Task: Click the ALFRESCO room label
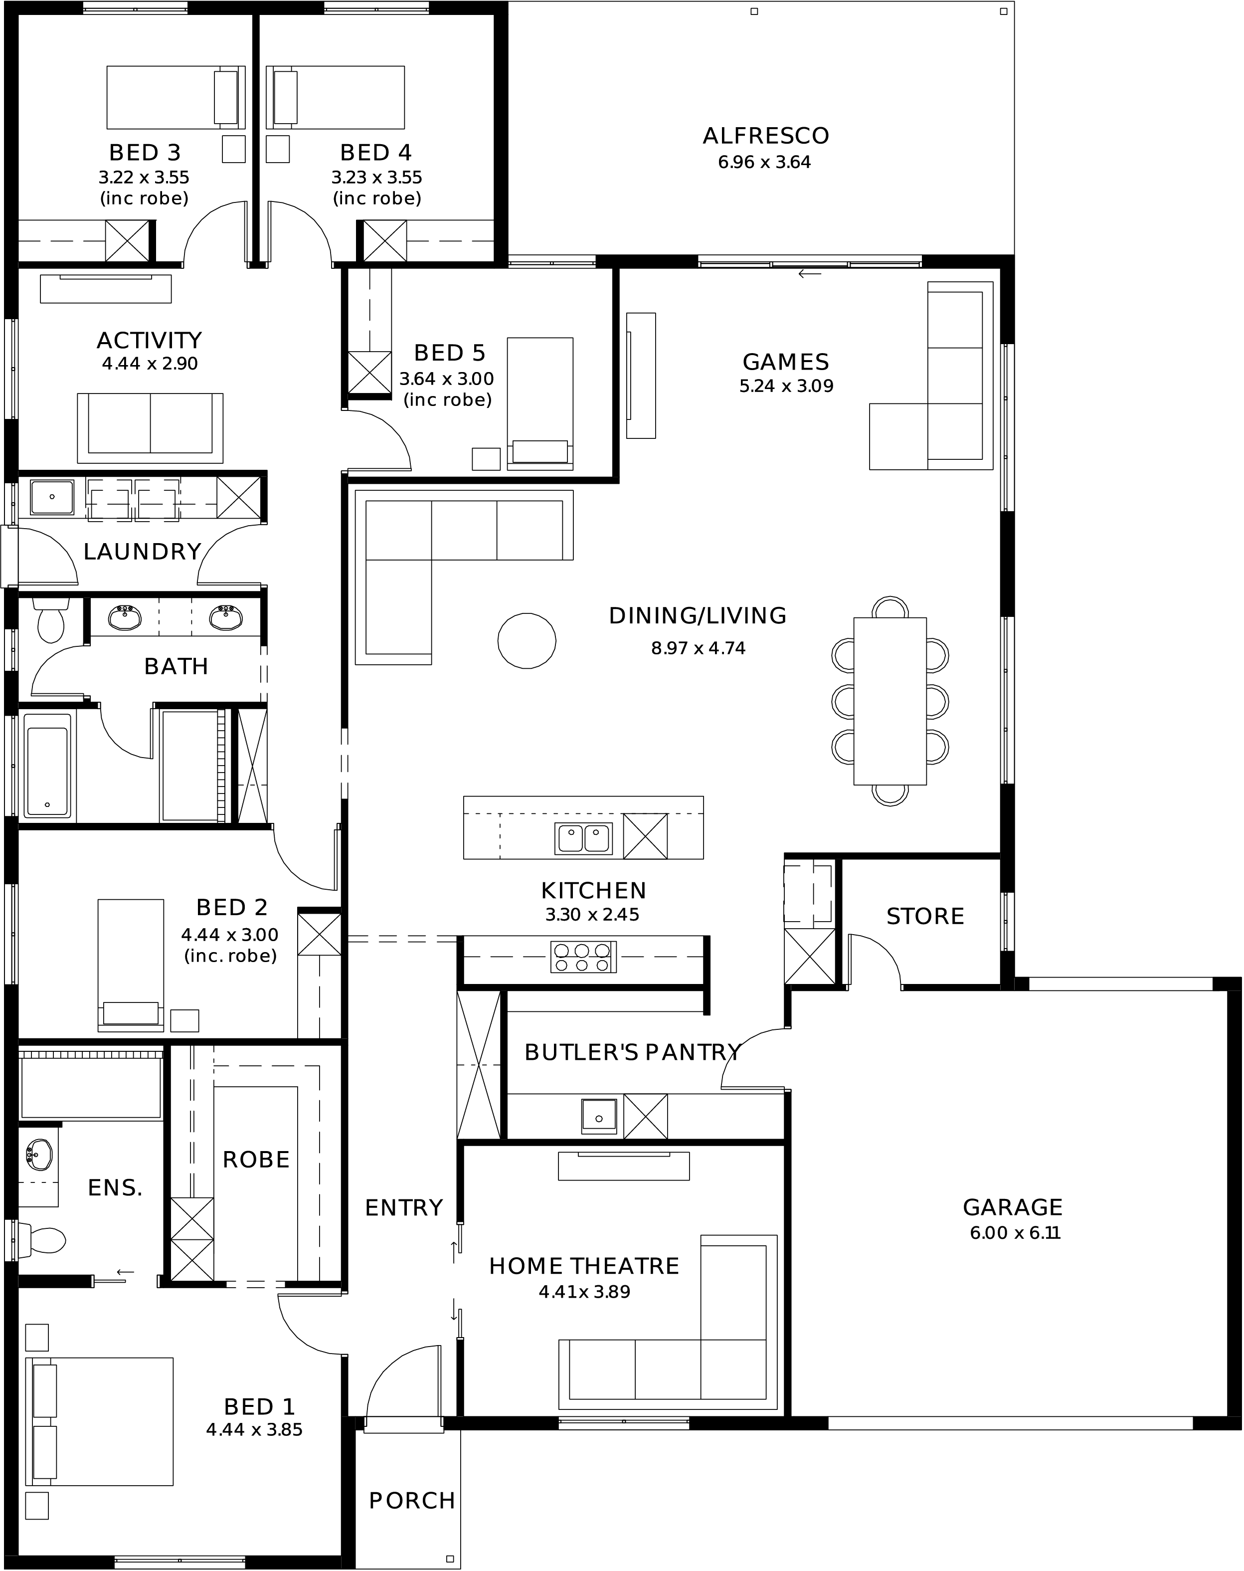[765, 136]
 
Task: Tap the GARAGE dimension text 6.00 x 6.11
[1015, 1233]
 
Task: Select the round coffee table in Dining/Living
[527, 641]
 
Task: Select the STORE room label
[925, 916]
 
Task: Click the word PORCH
[411, 1495]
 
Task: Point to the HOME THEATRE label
[584, 1266]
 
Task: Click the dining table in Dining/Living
[890, 701]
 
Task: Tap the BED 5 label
[449, 353]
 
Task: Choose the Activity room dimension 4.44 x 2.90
[150, 364]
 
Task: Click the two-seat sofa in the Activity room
[150, 427]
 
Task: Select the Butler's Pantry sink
[599, 1116]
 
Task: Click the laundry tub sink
[52, 497]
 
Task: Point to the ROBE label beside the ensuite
[256, 1160]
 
